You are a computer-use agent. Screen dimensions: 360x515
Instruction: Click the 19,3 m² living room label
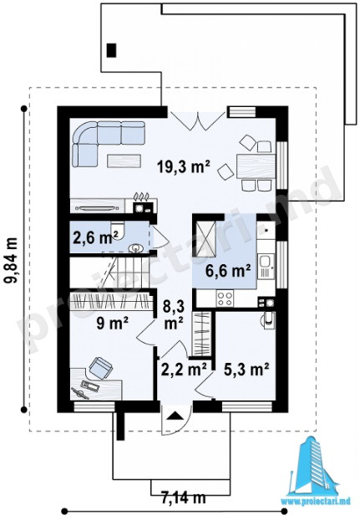pyautogui.click(x=184, y=167)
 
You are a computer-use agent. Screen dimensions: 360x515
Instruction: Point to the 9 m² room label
pyautogui.click(x=112, y=324)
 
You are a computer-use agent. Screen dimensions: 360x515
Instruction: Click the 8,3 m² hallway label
pyautogui.click(x=174, y=314)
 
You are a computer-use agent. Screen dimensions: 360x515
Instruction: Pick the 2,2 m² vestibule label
pyautogui.click(x=184, y=370)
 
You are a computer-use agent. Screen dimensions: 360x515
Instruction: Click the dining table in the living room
pyautogui.click(x=256, y=166)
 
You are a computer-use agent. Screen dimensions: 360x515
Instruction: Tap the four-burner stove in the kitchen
pyautogui.click(x=225, y=298)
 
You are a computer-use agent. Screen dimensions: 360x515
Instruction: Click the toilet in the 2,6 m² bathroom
pyautogui.click(x=118, y=230)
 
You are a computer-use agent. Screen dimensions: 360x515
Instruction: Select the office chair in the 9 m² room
pyautogui.click(x=101, y=367)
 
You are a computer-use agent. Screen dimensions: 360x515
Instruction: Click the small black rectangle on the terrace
pyautogui.click(x=112, y=50)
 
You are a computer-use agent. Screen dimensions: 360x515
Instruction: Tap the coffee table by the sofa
pyautogui.click(x=124, y=161)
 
